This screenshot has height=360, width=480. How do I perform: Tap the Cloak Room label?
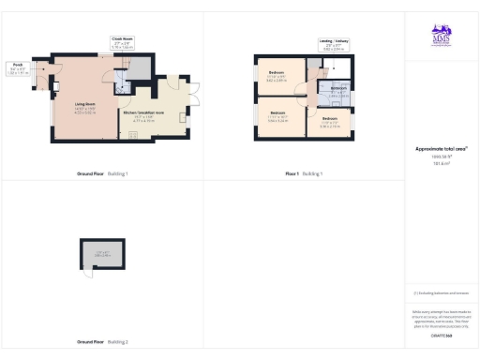(x=123, y=40)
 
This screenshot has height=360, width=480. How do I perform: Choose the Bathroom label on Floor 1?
(x=338, y=90)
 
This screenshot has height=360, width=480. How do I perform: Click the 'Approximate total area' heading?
(x=441, y=148)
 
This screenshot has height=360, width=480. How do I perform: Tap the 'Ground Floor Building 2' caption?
(x=103, y=341)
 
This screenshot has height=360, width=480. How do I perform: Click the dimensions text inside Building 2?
(x=102, y=253)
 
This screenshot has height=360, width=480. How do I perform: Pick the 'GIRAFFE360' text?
(x=441, y=335)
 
